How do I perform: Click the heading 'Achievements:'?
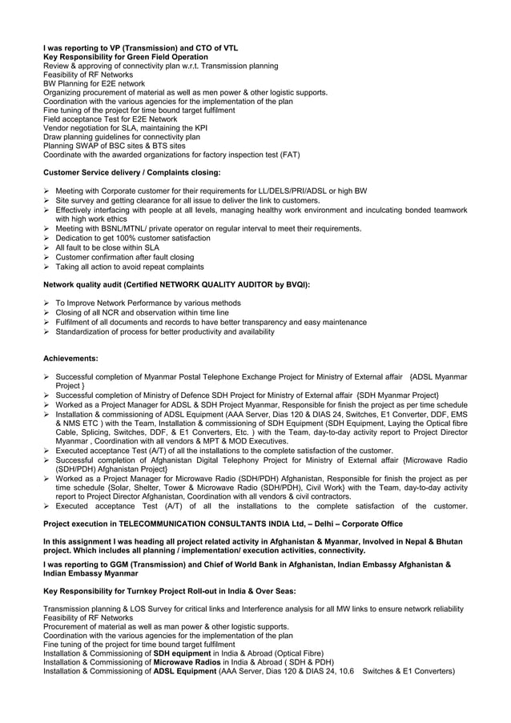pos(70,358)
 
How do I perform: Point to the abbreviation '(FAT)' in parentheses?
pos(288,155)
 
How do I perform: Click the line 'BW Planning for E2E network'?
pos(94,82)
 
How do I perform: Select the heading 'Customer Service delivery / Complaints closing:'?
pos(131,172)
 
